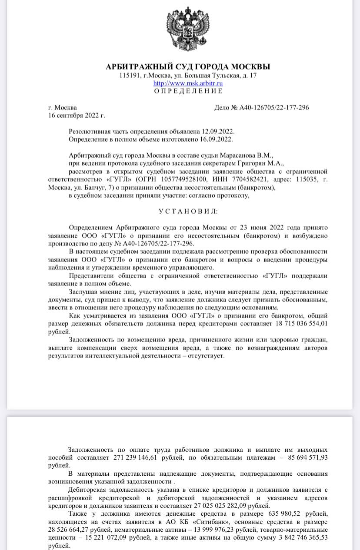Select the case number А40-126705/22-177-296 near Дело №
(x=274, y=108)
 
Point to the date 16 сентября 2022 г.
(x=77, y=116)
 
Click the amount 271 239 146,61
(x=136, y=458)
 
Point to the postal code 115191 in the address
(x=129, y=76)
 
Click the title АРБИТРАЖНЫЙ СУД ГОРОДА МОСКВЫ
(x=188, y=66)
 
